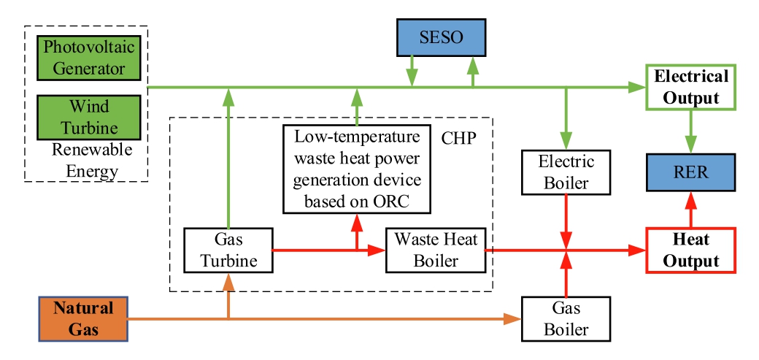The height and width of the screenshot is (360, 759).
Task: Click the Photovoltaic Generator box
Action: pyautogui.click(x=83, y=58)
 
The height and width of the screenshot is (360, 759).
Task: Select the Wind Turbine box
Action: pyautogui.click(x=84, y=118)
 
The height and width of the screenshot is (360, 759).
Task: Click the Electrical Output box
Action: pyautogui.click(x=690, y=87)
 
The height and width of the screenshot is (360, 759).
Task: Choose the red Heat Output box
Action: pyautogui.click(x=690, y=250)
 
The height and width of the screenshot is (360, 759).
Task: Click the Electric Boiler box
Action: pyautogui.click(x=566, y=172)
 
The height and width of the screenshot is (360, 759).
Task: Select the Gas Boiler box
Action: pyautogui.click(x=566, y=318)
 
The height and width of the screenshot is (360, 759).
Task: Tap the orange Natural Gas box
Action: pyautogui.click(x=84, y=318)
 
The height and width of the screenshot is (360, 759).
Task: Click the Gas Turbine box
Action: pyautogui.click(x=228, y=250)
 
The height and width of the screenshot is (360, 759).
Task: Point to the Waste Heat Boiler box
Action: pyautogui.click(x=434, y=250)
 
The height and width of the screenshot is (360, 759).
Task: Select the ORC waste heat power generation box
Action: pyautogui.click(x=357, y=169)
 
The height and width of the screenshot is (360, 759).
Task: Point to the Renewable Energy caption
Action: pyautogui.click(x=91, y=161)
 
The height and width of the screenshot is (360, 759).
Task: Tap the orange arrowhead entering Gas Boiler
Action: pyautogui.click(x=514, y=318)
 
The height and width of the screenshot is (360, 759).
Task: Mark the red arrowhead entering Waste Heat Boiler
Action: pyautogui.click(x=379, y=250)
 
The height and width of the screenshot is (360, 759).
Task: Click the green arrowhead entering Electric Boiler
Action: pyautogui.click(x=566, y=142)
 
